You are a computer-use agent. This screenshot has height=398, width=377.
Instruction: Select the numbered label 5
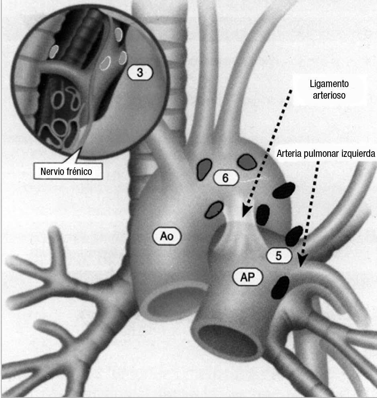[279, 256]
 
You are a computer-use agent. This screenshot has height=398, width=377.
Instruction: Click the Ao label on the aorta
[166, 237]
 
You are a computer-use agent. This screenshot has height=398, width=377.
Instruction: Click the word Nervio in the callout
[53, 171]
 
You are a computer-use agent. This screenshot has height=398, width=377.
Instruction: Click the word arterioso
[329, 96]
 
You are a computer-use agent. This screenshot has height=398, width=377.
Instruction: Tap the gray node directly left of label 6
[205, 169]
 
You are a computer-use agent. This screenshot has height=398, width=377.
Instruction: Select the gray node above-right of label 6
[247, 161]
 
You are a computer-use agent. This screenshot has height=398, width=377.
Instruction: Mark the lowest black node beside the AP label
[281, 287]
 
